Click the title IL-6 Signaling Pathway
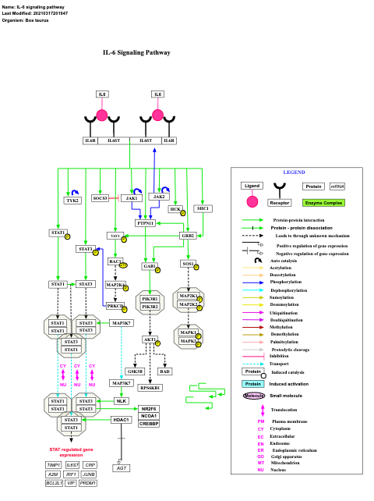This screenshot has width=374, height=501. click(x=136, y=52)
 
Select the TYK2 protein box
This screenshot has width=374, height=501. click(x=72, y=201)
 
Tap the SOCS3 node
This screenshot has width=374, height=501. click(x=101, y=198)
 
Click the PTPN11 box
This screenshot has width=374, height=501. click(x=145, y=223)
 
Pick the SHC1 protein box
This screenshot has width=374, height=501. click(x=203, y=208)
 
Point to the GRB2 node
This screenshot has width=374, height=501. click(x=188, y=235)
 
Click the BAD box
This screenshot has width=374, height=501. click(x=165, y=371)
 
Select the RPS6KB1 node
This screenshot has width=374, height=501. click(x=150, y=387)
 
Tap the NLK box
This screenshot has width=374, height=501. click(x=121, y=400)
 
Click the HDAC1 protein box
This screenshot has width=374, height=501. click(x=121, y=420)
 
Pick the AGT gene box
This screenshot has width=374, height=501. click(x=121, y=467)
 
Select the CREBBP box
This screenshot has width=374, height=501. click(x=149, y=424)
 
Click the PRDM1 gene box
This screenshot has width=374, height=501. click(x=88, y=483)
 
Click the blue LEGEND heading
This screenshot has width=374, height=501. click(x=293, y=172)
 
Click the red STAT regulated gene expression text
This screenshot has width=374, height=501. click(x=71, y=452)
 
